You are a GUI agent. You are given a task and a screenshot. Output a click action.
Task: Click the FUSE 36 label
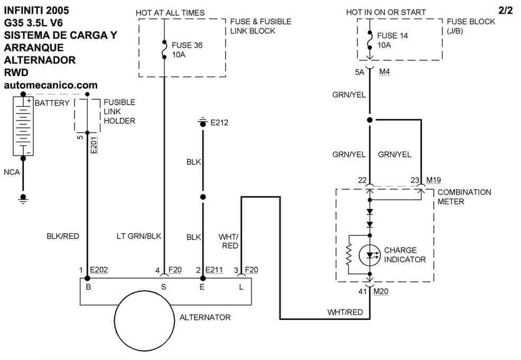pos(184,45)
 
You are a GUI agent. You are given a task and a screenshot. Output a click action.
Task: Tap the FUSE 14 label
pos(389,36)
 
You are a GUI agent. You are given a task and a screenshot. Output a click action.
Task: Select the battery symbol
pos(23,126)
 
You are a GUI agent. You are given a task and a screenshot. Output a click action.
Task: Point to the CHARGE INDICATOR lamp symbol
pos(370,255)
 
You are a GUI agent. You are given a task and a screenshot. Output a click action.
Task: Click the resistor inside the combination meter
pos(349,255)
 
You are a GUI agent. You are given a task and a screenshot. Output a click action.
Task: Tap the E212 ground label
pos(219,123)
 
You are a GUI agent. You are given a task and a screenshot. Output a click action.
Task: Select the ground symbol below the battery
pos(23,198)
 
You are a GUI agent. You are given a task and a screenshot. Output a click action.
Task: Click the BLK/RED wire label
pos(63,236)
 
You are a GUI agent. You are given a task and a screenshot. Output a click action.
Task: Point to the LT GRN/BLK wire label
pos(138,236)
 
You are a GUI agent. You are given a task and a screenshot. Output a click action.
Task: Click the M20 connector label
pos(381,291)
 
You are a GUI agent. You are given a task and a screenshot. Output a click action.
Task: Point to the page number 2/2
pos(505,10)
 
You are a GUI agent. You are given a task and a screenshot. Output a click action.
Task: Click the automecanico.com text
pos(50,85)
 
